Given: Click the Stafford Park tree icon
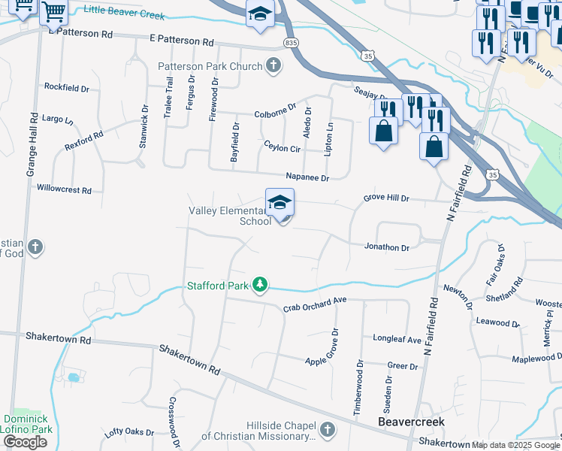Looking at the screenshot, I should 259,285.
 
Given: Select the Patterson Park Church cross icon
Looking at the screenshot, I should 273,65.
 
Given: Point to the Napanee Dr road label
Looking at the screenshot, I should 307,177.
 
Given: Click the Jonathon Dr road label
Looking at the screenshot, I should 386,247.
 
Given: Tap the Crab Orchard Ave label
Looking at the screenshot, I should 314,304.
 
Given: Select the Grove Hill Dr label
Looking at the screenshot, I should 386,198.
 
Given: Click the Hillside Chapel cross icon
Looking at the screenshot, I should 326,429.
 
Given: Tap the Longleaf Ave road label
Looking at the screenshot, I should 397,339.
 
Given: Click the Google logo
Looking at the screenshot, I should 25,442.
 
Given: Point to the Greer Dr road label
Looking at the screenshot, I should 402,366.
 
